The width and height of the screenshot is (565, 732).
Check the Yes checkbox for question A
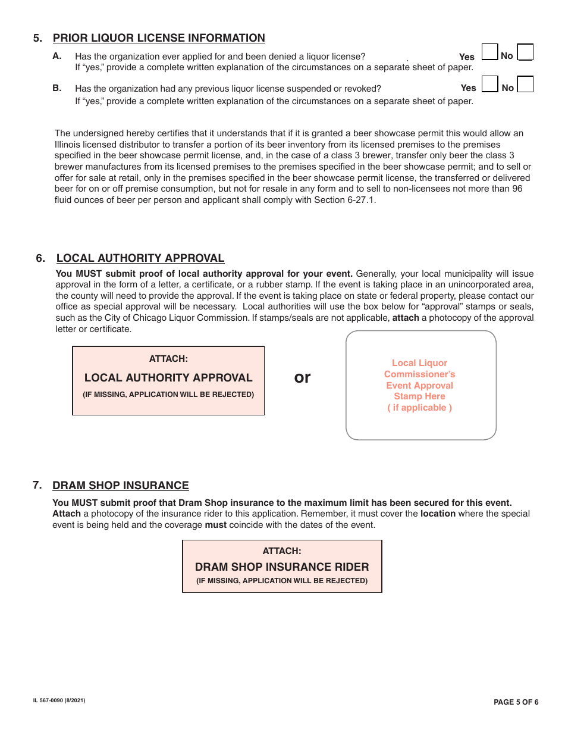click(x=489, y=52)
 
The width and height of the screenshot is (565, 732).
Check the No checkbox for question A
click(x=525, y=52)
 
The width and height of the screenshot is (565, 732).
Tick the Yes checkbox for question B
click(x=489, y=84)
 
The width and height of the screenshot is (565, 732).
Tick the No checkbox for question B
click(x=525, y=84)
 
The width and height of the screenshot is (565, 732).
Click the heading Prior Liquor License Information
click(x=159, y=38)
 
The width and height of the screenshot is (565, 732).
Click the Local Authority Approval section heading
click(x=140, y=258)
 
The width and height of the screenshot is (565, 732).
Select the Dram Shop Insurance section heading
click(x=121, y=486)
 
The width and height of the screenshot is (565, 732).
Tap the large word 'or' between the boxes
click(x=303, y=377)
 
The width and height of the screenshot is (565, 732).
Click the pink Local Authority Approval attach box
click(x=168, y=381)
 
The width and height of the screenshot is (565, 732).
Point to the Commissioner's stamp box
click(x=420, y=385)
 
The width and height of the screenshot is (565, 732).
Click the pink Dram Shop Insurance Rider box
click(x=282, y=567)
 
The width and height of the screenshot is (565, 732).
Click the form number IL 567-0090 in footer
click(x=59, y=701)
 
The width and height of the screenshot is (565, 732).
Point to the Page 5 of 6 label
click(x=516, y=702)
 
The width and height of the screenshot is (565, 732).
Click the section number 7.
click(x=37, y=485)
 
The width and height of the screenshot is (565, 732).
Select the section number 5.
click(x=37, y=38)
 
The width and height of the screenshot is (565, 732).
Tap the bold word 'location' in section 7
click(x=438, y=514)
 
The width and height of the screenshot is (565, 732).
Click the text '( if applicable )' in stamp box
click(x=419, y=408)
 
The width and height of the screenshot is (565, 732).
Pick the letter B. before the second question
click(x=57, y=88)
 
